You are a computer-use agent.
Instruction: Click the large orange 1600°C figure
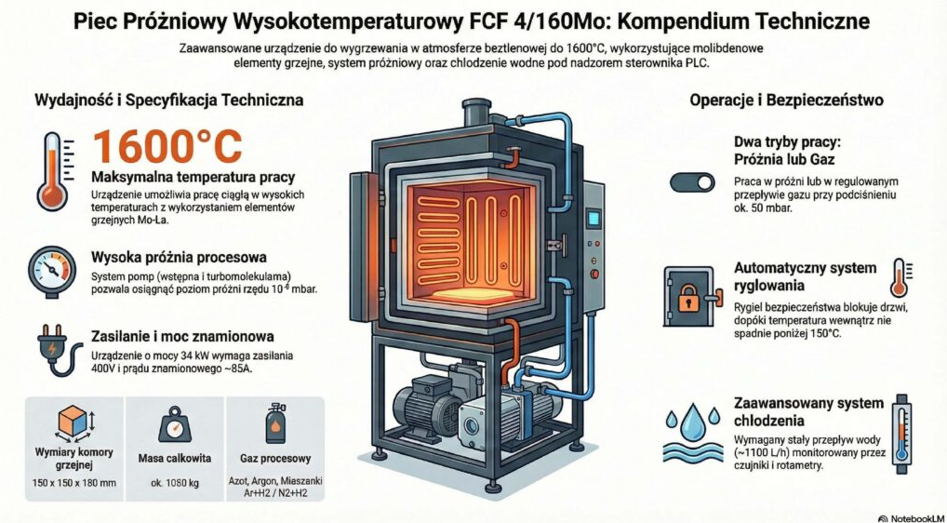tap(168, 147)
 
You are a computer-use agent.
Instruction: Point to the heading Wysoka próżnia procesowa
tap(180, 256)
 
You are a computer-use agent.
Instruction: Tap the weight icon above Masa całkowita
tap(176, 426)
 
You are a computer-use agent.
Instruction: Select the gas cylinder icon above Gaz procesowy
tap(276, 423)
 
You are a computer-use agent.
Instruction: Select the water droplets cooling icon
tap(693, 429)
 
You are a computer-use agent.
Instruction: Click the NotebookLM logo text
tap(913, 515)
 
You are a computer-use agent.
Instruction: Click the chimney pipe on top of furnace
tap(476, 112)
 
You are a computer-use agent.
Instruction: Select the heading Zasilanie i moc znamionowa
tap(182, 337)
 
